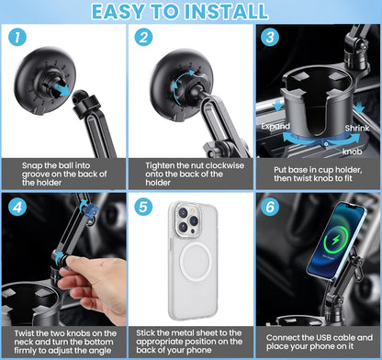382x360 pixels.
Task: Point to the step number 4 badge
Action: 18,208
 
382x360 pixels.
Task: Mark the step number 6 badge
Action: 269,208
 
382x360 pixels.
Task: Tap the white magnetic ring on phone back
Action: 190,276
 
